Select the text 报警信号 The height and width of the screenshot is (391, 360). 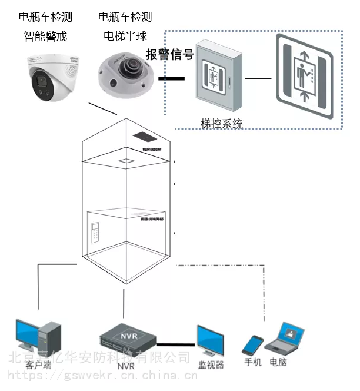[169, 55]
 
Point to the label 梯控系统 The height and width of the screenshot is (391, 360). [221, 124]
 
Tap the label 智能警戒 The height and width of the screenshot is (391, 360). [45, 37]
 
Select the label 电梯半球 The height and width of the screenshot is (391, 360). [125, 37]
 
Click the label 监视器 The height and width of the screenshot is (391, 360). [211, 365]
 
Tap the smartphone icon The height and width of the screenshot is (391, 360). [254, 346]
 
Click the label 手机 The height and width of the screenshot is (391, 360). [253, 362]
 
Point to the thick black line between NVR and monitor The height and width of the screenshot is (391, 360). [175, 344]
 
